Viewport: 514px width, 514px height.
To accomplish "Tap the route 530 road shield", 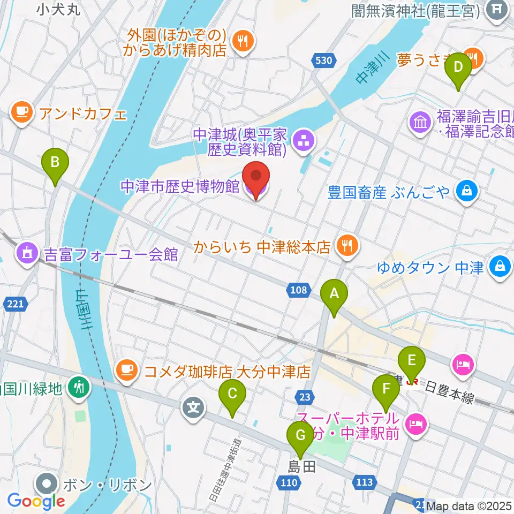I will (324, 61).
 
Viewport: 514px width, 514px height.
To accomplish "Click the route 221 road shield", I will (16, 305).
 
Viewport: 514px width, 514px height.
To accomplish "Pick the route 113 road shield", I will (364, 483).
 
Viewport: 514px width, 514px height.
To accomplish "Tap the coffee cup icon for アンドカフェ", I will (21, 112).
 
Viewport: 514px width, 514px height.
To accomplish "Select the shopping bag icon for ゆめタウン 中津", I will (500, 266).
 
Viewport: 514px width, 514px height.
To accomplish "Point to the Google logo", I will (36, 501).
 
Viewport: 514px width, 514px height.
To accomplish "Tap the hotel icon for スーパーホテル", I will (415, 426).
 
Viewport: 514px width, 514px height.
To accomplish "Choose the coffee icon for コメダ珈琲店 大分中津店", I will (126, 369).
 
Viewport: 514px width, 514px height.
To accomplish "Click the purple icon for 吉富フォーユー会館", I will (27, 253).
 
